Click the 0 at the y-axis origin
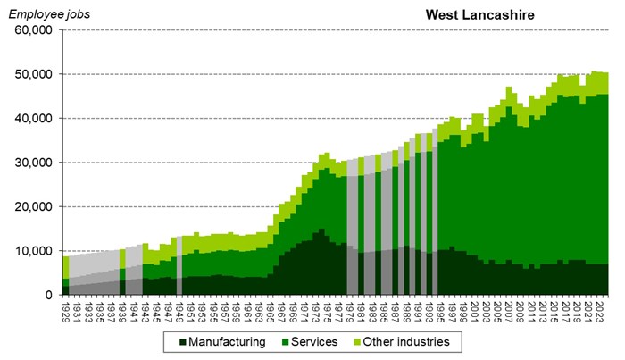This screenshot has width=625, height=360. click(50, 295)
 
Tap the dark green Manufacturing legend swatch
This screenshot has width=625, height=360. click(182, 341)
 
